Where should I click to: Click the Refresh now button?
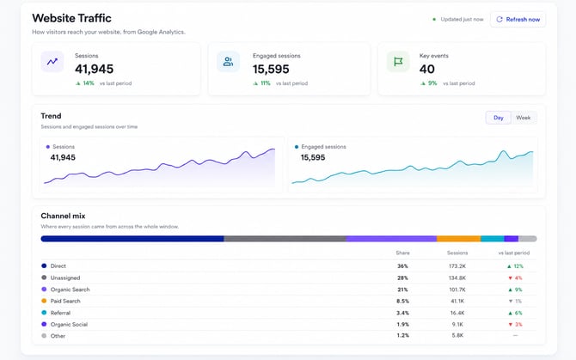pyautogui.click(x=518, y=20)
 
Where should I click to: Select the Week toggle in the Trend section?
pyautogui.click(x=523, y=118)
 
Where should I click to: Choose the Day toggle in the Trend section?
pyautogui.click(x=498, y=118)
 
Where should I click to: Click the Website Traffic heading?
pyautogui.click(x=71, y=18)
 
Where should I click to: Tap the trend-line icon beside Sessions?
pyautogui.click(x=52, y=62)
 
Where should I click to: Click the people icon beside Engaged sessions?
pyautogui.click(x=228, y=62)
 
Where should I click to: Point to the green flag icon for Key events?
pyautogui.click(x=398, y=62)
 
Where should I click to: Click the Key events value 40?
pyautogui.click(x=427, y=69)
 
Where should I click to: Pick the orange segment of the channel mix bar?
pyautogui.click(x=458, y=239)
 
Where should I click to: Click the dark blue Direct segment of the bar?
pyautogui.click(x=132, y=239)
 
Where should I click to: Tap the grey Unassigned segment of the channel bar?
pyautogui.click(x=285, y=239)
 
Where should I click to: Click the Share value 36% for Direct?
pyautogui.click(x=402, y=266)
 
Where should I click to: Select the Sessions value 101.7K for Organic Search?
pyautogui.click(x=457, y=290)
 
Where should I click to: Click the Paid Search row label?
pyautogui.click(x=65, y=301)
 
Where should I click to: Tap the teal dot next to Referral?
pyautogui.click(x=44, y=313)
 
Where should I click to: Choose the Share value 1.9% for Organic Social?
pyautogui.click(x=402, y=325)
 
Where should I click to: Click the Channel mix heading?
pyautogui.click(x=63, y=216)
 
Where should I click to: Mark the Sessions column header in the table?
pyautogui.click(x=457, y=253)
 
